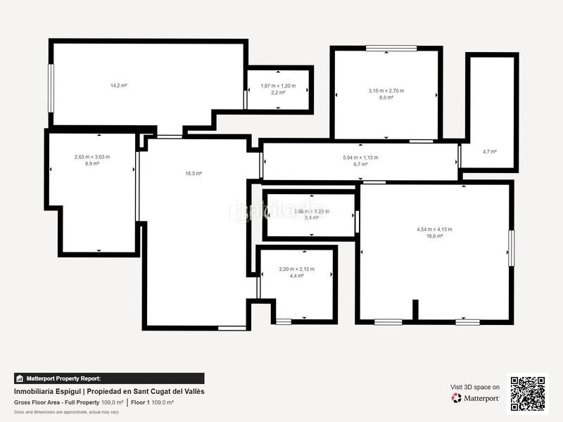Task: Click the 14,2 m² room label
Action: pos(118,85)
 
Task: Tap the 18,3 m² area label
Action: pos(194,173)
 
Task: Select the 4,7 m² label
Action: pos(489,151)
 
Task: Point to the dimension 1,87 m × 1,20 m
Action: pos(278,86)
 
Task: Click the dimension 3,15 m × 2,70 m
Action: pos(386,91)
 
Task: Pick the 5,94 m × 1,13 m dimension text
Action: pos(360,158)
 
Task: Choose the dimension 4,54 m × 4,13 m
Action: pos(434,229)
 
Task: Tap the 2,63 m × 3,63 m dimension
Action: pos(92,157)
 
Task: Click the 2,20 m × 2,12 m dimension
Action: pos(296,269)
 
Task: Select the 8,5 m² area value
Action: pos(386,97)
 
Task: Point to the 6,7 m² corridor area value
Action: pos(360,164)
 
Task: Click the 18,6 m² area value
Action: pos(434,236)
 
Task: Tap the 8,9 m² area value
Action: pos(92,163)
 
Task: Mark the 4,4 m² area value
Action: pos(296,276)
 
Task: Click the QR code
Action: pos(527,394)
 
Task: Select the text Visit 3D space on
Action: pos(475,387)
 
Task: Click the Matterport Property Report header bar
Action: pos(109,378)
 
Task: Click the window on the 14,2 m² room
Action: pos(51,87)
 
